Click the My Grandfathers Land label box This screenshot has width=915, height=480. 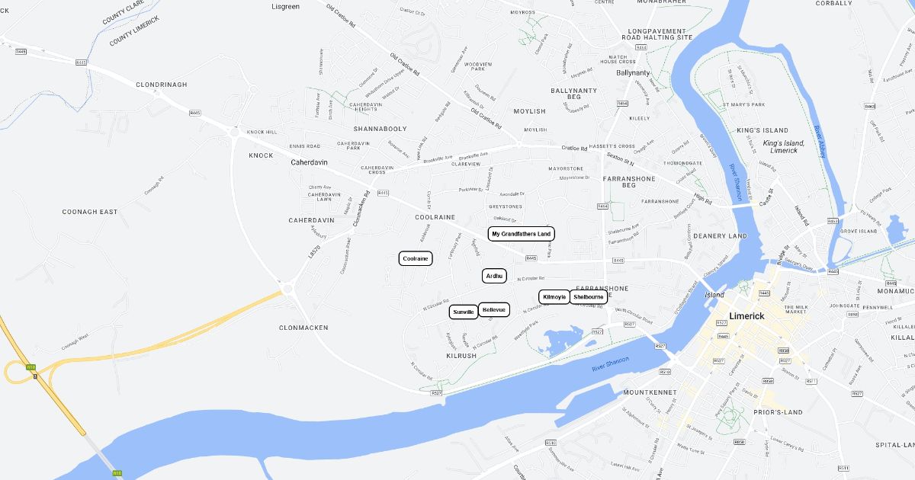point(522,234)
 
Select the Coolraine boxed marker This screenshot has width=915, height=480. point(416,259)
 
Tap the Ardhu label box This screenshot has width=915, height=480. point(494,276)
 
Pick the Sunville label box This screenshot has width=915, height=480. point(464,312)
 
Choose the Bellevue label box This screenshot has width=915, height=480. point(494,310)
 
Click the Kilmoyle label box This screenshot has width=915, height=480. point(554,296)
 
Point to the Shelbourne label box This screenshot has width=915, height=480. point(589,296)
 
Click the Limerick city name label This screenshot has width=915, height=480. point(752,315)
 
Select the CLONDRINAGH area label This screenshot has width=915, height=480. point(161,85)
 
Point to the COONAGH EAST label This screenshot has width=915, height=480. point(90,212)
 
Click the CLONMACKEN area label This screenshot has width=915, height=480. point(303,328)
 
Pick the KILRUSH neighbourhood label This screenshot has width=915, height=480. point(461,356)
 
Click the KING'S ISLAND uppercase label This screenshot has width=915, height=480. point(762,130)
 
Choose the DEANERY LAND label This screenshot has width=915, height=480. point(720,236)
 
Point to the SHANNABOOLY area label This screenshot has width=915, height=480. point(380,129)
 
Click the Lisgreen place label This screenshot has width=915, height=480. point(285,7)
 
